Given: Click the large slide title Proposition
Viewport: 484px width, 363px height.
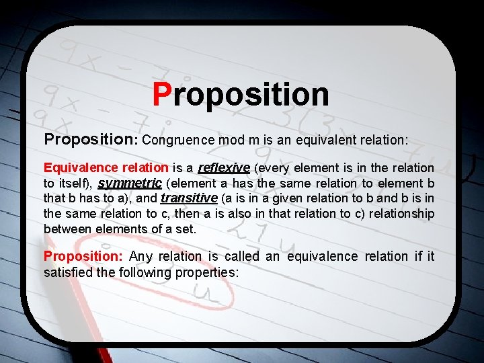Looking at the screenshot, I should coord(241,95).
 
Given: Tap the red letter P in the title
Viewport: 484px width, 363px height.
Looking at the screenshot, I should coord(162,95).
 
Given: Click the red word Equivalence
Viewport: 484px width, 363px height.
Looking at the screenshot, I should coord(73,167).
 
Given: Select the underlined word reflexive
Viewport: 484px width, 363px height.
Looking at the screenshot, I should coord(225,167).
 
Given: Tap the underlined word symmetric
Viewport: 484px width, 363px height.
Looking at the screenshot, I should coord(130,183).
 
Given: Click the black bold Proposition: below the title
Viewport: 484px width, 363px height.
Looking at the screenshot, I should coord(90,140).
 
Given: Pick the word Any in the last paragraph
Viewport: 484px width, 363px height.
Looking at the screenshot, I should coord(141,256).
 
